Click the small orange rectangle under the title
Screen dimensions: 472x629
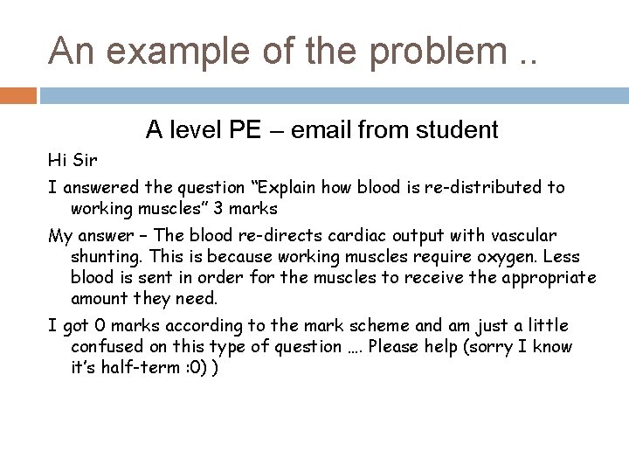[18, 94]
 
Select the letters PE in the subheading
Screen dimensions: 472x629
[246, 131]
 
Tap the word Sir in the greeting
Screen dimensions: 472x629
[85, 161]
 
